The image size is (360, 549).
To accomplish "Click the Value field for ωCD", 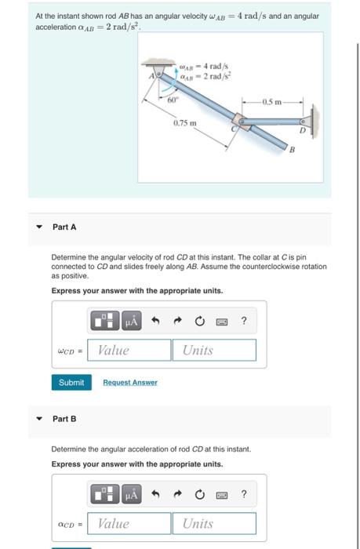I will [131, 350].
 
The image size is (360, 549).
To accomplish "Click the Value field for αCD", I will [131, 523].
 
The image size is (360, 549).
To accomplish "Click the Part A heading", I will [65, 227].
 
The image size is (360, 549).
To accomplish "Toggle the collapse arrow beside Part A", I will [38, 227].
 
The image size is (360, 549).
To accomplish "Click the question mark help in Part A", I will [245, 320].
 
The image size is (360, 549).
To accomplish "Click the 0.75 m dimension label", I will [184, 124].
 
